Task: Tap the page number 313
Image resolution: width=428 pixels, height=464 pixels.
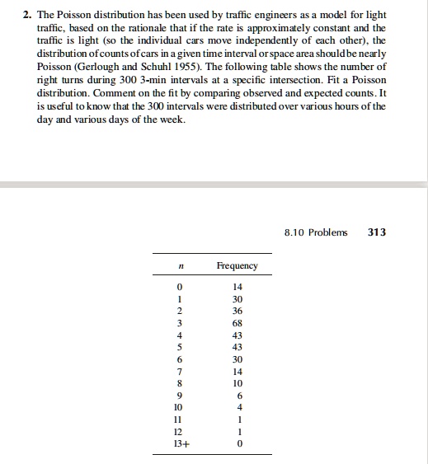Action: [376, 232]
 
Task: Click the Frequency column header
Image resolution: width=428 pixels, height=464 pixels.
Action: [237, 265]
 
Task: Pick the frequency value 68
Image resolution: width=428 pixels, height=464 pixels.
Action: [237, 323]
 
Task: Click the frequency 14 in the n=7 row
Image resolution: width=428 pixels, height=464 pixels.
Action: [237, 371]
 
